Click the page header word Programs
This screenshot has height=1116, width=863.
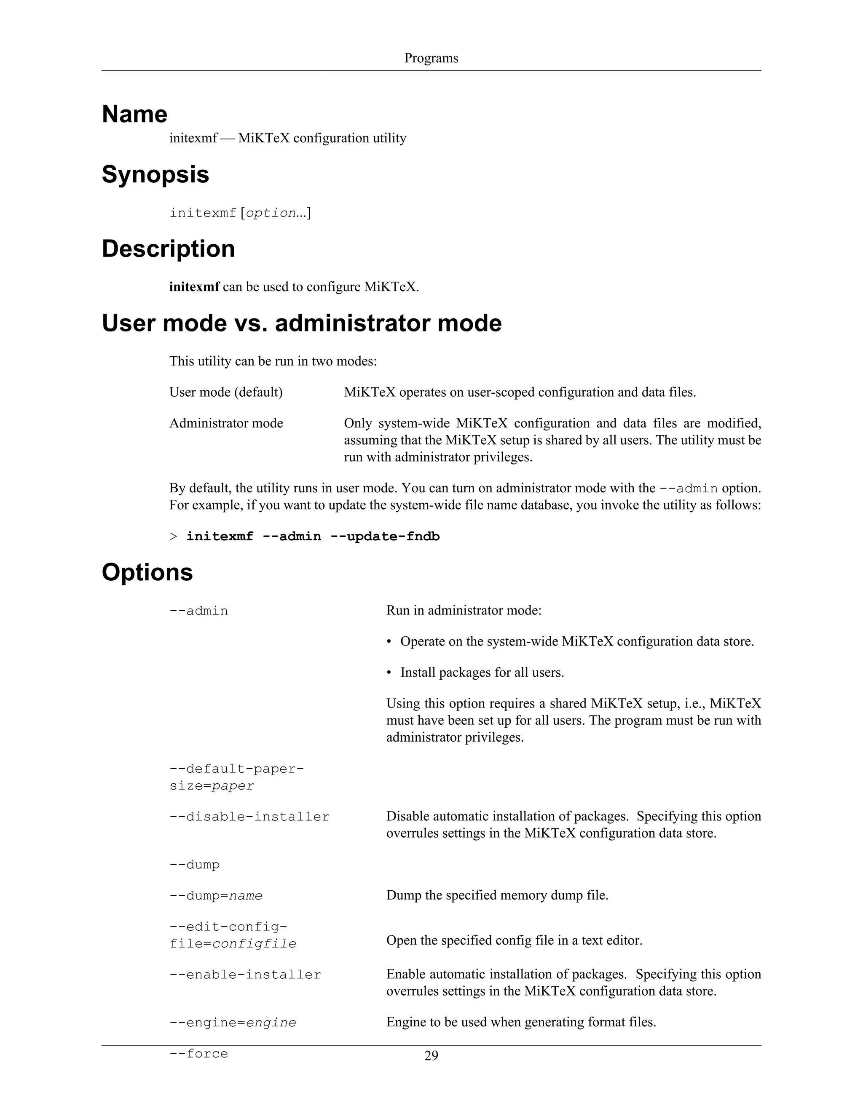pos(431,58)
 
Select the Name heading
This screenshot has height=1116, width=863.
pos(134,114)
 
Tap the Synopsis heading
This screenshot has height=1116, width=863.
pos(155,174)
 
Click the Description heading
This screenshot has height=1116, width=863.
pos(168,249)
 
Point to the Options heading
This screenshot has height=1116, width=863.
pos(147,572)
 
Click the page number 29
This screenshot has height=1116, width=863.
pos(431,1055)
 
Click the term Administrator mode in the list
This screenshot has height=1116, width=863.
pos(226,423)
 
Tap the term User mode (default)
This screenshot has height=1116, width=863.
pos(226,392)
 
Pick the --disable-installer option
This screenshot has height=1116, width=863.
pos(249,817)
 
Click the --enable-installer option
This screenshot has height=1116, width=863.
pos(245,974)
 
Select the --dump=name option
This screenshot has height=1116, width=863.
pos(216,896)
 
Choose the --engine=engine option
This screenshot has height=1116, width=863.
pos(233,1023)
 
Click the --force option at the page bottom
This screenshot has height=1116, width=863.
pos(199,1054)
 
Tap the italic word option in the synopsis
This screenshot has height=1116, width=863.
pos(271,213)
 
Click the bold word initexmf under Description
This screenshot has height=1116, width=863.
pos(194,287)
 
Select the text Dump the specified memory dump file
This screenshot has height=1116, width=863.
pos(497,895)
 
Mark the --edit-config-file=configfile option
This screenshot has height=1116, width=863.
pos(233,935)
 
